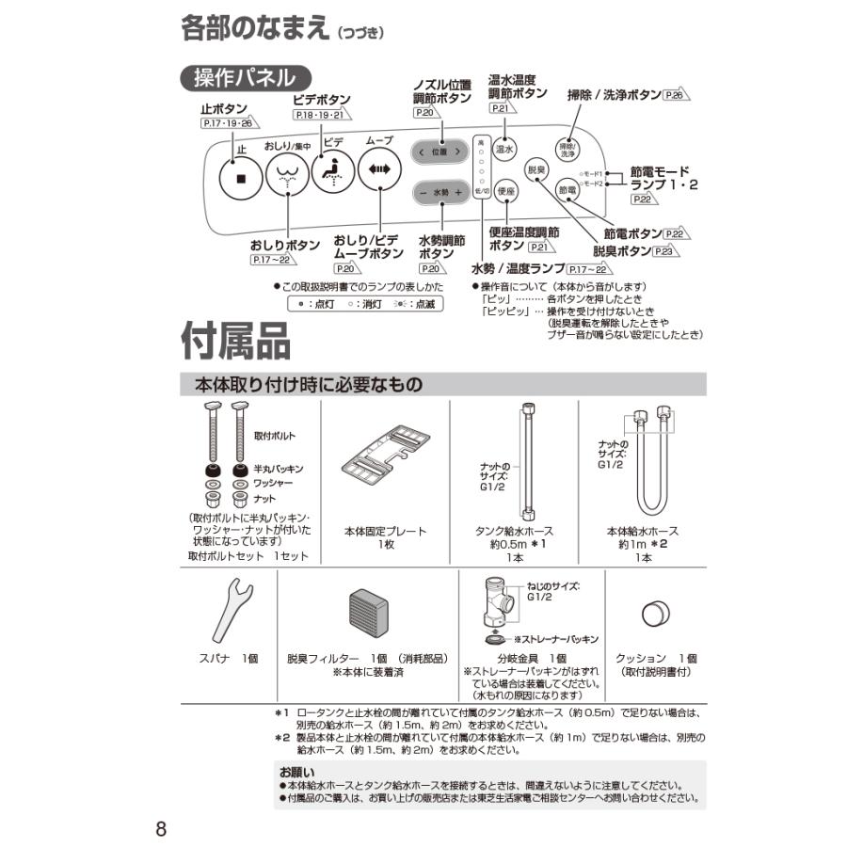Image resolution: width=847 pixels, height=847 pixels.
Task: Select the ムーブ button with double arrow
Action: [x=379, y=170]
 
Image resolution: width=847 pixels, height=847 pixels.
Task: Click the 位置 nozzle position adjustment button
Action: [x=440, y=152]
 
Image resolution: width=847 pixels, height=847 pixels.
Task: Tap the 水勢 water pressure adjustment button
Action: [x=440, y=192]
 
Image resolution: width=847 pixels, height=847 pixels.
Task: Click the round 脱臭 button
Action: [x=536, y=169]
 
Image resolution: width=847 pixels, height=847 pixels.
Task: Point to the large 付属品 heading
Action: [x=236, y=342]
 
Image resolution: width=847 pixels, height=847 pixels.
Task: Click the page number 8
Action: [x=161, y=829]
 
